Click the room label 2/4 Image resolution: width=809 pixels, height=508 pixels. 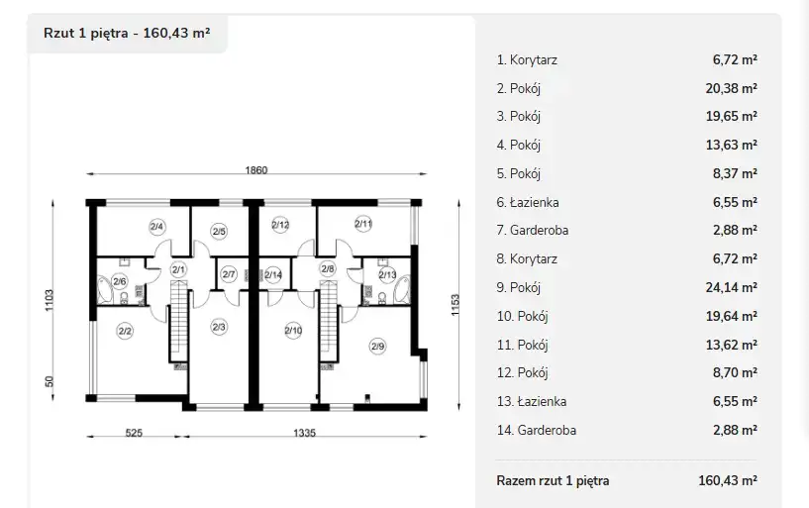(x=156, y=226)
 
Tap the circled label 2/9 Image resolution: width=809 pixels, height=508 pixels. (x=377, y=346)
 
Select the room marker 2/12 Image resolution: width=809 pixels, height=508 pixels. (x=280, y=225)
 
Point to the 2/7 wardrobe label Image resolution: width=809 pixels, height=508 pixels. (x=229, y=274)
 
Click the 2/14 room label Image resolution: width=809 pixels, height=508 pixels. (x=273, y=275)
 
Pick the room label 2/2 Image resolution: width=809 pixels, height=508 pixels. (x=125, y=331)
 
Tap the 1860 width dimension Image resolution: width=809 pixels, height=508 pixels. (x=255, y=169)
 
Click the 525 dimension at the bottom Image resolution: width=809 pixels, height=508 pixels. (x=134, y=433)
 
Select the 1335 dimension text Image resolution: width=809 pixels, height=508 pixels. (x=304, y=433)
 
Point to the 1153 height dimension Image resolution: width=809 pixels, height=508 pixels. (x=455, y=305)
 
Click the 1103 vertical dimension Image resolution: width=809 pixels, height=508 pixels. (x=49, y=300)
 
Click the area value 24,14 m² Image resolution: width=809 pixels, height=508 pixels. (x=731, y=287)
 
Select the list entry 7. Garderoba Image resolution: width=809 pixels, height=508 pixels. (x=533, y=230)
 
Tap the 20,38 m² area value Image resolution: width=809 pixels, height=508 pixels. (x=731, y=88)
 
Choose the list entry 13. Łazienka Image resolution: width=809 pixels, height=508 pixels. (x=532, y=401)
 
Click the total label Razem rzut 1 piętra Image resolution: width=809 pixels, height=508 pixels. (x=553, y=480)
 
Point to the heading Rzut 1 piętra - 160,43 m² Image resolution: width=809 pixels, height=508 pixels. (x=127, y=33)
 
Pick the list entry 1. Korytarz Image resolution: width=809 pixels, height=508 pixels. (x=527, y=59)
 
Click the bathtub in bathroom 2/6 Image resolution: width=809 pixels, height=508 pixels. (x=105, y=290)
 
